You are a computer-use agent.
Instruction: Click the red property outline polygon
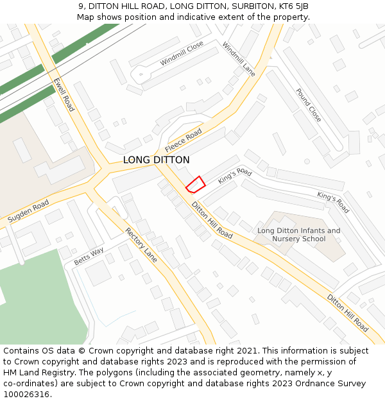click(196, 184)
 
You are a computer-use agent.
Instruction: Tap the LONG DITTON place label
click(156, 160)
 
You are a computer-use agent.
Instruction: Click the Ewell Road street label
click(64, 95)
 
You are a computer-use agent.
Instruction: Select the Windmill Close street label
click(182, 53)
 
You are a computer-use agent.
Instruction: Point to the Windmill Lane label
click(239, 59)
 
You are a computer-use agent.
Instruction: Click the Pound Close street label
click(308, 105)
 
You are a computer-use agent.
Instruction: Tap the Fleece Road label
click(184, 140)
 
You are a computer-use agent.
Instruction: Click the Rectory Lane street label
click(141, 244)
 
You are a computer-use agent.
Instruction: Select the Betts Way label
click(89, 256)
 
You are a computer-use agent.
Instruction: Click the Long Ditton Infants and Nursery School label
click(298, 235)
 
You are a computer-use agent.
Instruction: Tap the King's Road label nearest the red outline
click(235, 176)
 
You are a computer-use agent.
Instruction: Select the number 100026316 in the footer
click(26, 395)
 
